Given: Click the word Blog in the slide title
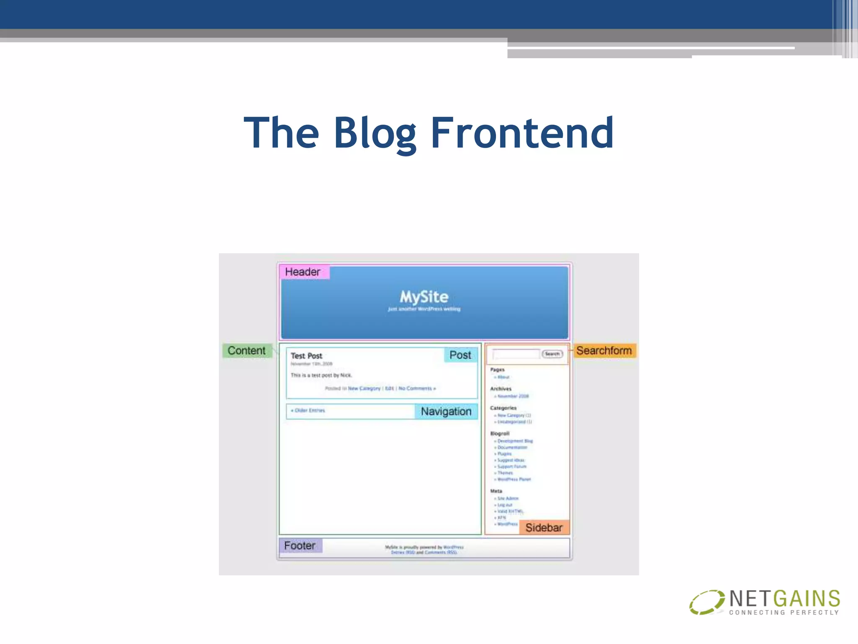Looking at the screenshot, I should pyautogui.click(x=375, y=133).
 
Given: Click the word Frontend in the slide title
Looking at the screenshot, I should pyautogui.click(x=522, y=133).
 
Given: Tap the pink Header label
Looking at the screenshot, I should pyautogui.click(x=303, y=272).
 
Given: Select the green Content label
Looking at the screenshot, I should pyautogui.click(x=246, y=351).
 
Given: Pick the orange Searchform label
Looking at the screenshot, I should pyautogui.click(x=604, y=351).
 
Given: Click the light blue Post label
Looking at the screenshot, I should pyautogui.click(x=460, y=355).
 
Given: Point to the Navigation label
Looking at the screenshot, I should pyautogui.click(x=446, y=411).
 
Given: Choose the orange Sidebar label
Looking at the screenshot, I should pyautogui.click(x=544, y=527).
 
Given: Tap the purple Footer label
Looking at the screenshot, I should pyautogui.click(x=300, y=545).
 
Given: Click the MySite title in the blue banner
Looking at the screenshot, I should pyautogui.click(x=424, y=297).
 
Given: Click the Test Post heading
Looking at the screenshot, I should pyautogui.click(x=306, y=356).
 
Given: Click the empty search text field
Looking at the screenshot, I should pyautogui.click(x=516, y=354).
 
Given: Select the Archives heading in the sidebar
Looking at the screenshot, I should pyautogui.click(x=501, y=389).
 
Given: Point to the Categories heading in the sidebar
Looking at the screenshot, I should pyautogui.click(x=503, y=408).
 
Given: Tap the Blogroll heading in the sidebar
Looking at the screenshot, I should pyautogui.click(x=500, y=434).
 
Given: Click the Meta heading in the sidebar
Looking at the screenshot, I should pyautogui.click(x=496, y=491).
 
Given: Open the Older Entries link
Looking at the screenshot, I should pyautogui.click(x=309, y=410).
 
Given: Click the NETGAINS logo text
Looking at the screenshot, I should pyautogui.click(x=784, y=599).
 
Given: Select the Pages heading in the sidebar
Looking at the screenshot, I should pyautogui.click(x=497, y=370).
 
